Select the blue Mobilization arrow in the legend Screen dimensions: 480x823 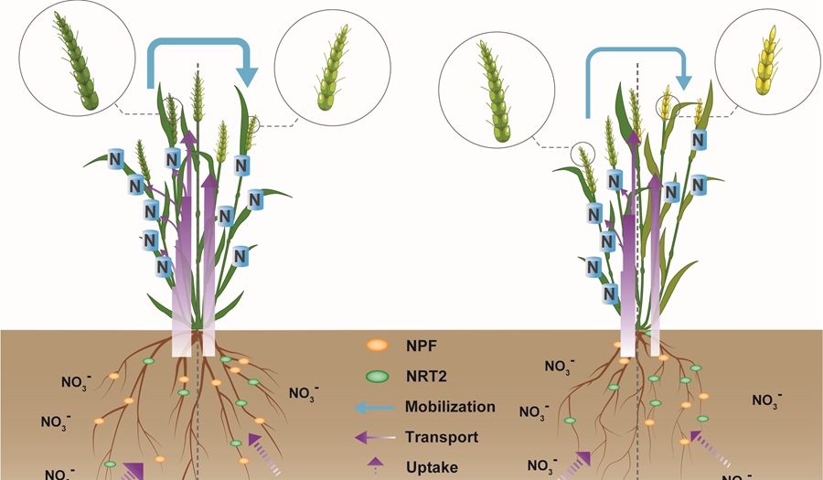[376, 407]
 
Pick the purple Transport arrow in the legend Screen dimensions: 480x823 [376, 438]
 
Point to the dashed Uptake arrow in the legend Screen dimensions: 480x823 [376, 466]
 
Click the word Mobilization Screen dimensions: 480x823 [451, 407]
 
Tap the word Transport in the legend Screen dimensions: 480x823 [443, 437]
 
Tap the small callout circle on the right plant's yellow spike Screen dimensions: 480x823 [666, 101]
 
